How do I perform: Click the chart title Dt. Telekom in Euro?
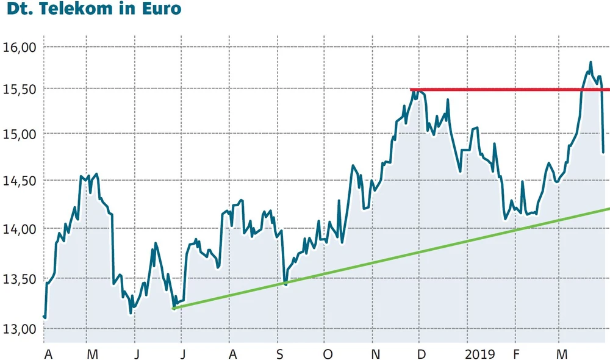(91, 10)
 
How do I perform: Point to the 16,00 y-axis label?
(20, 47)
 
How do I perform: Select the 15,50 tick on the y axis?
(20, 89)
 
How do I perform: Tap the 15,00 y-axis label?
(20, 134)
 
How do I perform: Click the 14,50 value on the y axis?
(20, 181)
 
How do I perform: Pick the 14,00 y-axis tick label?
(20, 229)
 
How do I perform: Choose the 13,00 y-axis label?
(20, 329)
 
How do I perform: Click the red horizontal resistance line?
(506, 90)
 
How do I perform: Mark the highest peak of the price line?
(590, 62)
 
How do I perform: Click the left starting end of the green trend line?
(174, 308)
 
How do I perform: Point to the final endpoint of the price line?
(603, 152)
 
